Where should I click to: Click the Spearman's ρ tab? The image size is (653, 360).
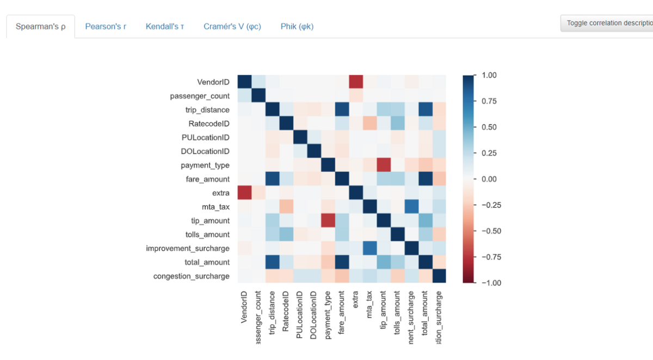click(x=40, y=27)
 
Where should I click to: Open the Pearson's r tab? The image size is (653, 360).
click(x=106, y=27)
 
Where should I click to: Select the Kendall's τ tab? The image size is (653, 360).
click(x=165, y=27)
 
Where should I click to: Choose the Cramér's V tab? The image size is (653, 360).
click(x=232, y=27)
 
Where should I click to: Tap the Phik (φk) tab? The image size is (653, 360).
click(x=297, y=27)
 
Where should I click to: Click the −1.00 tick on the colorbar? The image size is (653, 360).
click(x=490, y=283)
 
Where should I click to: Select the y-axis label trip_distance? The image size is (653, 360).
click(x=207, y=110)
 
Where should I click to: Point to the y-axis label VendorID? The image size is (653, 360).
click(x=213, y=82)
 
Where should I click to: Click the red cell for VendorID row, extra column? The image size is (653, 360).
click(x=356, y=82)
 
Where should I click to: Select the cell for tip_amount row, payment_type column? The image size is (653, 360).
click(x=328, y=221)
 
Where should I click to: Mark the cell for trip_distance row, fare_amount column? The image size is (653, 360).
click(x=342, y=110)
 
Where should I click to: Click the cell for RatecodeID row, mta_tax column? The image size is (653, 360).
click(x=369, y=123)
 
